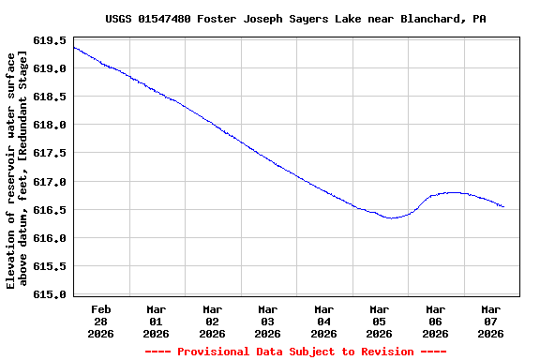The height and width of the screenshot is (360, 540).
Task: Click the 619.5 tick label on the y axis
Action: point(49,41)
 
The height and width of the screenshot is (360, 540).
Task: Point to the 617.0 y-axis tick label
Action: point(49,182)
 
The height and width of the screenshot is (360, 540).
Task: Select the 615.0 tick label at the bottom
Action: point(49,294)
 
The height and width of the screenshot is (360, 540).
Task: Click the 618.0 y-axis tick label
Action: point(49,126)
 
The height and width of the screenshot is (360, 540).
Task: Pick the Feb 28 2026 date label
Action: point(100,321)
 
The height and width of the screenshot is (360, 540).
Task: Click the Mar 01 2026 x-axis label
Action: point(157,321)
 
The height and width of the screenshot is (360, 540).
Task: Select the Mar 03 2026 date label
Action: point(268,321)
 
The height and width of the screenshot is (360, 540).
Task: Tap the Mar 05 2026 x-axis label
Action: point(380,321)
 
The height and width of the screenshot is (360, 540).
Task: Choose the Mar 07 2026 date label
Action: point(491,321)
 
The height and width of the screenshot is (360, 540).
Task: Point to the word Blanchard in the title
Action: point(432,19)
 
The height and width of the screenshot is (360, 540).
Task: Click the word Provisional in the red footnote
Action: point(216,352)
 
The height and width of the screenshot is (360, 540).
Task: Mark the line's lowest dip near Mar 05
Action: point(392,217)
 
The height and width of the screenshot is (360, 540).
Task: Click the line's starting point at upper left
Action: point(74,47)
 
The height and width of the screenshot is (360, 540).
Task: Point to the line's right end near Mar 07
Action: point(503,206)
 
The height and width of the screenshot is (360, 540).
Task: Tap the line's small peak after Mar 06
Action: point(454,192)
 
